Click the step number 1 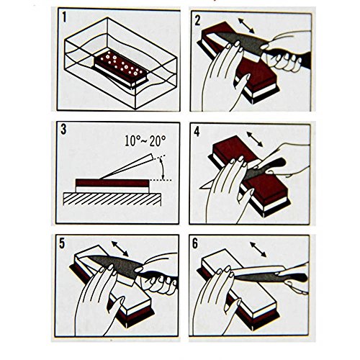point(64,18)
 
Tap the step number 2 point(197,20)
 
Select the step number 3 point(63,130)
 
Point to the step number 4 point(197,132)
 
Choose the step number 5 point(62,243)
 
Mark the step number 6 point(195,243)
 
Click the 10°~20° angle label point(145,141)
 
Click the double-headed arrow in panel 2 point(246,26)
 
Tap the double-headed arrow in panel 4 point(255,139)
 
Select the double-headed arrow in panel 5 point(120,249)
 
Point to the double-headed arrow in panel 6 point(258,250)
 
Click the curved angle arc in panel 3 point(162,170)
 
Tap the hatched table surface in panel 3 point(112,199)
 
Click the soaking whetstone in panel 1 point(121,69)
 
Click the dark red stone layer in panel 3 point(112,183)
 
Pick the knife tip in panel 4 point(200,187)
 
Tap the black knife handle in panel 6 point(297,277)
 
